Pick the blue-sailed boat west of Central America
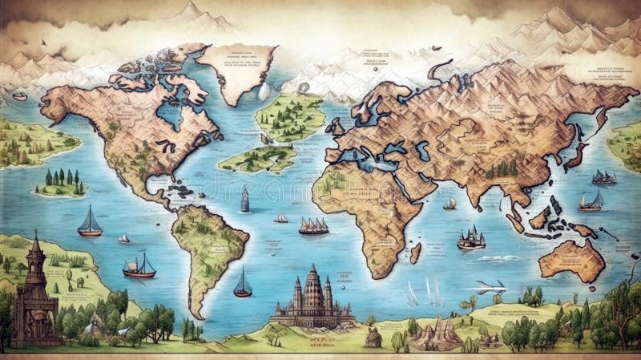point(90,222)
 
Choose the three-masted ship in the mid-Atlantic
point(313,226)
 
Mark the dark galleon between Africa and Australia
point(471,237)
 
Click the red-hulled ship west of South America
point(139,266)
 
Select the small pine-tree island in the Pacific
point(60,184)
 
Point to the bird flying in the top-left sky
point(42,42)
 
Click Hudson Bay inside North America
point(171,112)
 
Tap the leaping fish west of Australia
point(490,285)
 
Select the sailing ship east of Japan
point(603,177)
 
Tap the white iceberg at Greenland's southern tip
point(264,92)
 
